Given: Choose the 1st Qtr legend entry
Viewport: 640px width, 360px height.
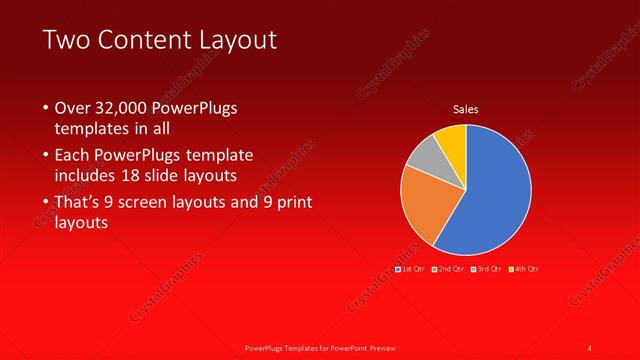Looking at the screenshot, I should (x=411, y=269).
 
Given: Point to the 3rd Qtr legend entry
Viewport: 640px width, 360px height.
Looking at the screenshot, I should (x=488, y=269).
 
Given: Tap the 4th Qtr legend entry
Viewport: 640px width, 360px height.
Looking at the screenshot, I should (x=526, y=269).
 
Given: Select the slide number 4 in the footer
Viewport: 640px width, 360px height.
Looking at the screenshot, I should (x=590, y=347).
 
